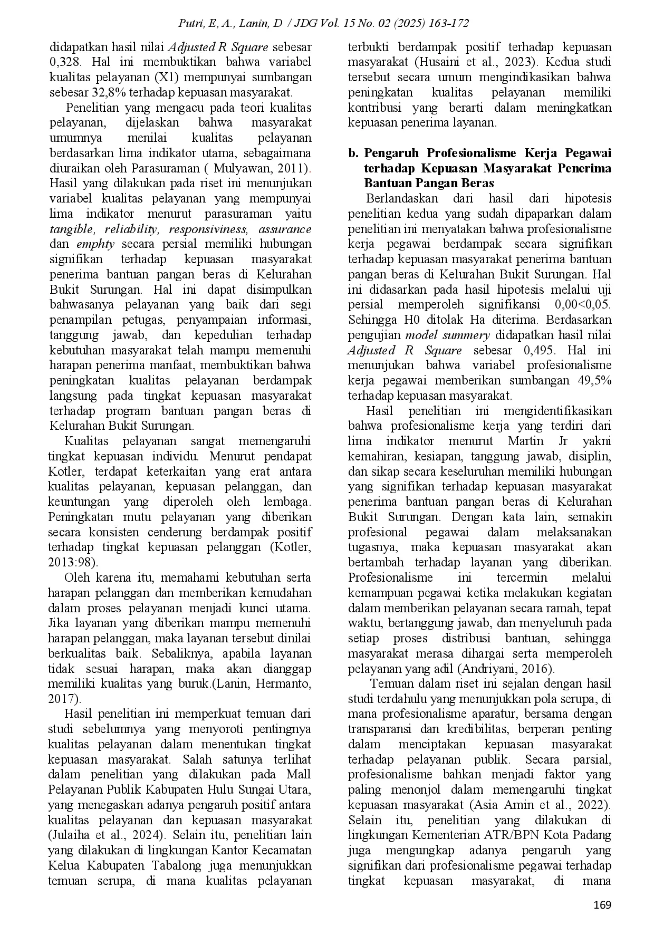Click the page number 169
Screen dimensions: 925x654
[601, 905]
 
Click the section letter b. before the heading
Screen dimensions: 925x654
[353, 153]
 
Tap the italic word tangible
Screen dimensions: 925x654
[72, 229]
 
